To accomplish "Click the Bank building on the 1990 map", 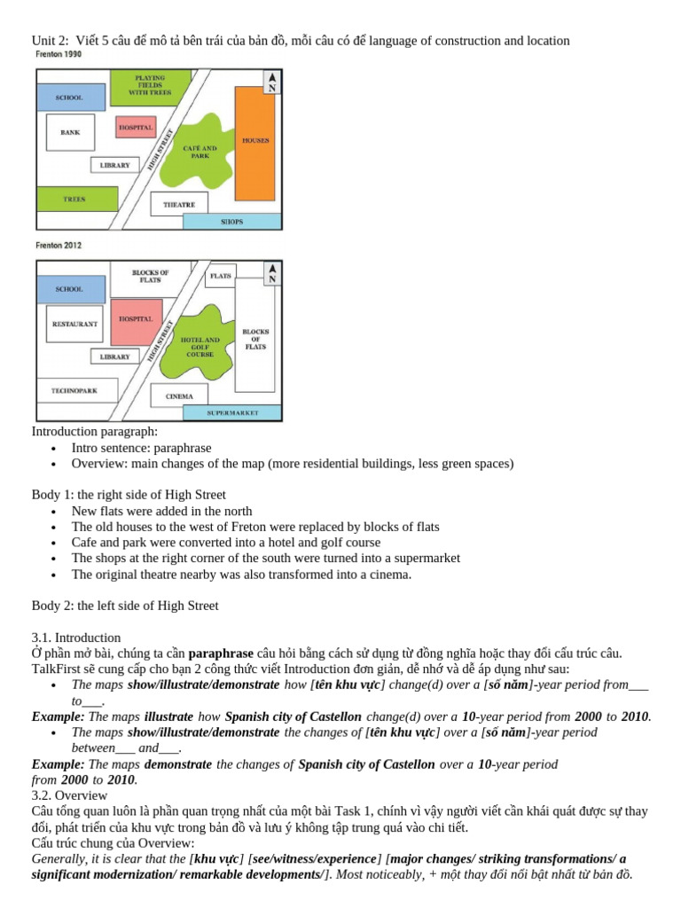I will pyautogui.click(x=70, y=132).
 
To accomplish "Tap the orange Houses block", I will pyautogui.click(x=255, y=142).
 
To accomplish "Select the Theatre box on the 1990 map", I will pyautogui.click(x=179, y=205).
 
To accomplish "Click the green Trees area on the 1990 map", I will pyautogui.click(x=74, y=200).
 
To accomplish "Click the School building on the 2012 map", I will pyautogui.click(x=69, y=288).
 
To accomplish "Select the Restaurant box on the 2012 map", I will pyautogui.click(x=74, y=325).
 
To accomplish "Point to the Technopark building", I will pyautogui.click(x=74, y=389).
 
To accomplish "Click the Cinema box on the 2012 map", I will pyautogui.click(x=179, y=395).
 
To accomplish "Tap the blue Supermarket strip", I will pyautogui.click(x=232, y=412).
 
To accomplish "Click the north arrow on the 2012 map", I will pyautogui.click(x=273, y=272).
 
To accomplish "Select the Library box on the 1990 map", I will pyautogui.click(x=115, y=165).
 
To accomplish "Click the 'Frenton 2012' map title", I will pyautogui.click(x=59, y=246).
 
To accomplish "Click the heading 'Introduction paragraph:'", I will pyautogui.click(x=95, y=432).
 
